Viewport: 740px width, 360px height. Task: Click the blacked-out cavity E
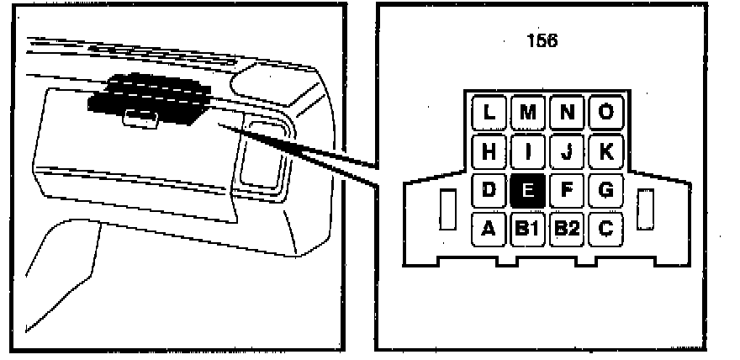coord(527,191)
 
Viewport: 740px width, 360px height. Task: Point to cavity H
coord(489,152)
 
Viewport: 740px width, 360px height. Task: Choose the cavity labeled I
coord(528,152)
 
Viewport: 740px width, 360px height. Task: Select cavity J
coord(567,152)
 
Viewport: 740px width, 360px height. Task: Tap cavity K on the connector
coord(605,152)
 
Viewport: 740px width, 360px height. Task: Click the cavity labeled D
coord(489,191)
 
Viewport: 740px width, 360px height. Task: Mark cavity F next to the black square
coord(567,191)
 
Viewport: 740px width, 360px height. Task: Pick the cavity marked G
coord(605,191)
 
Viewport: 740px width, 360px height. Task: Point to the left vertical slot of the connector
coord(448,209)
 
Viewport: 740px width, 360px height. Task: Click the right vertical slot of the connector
coord(645,209)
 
